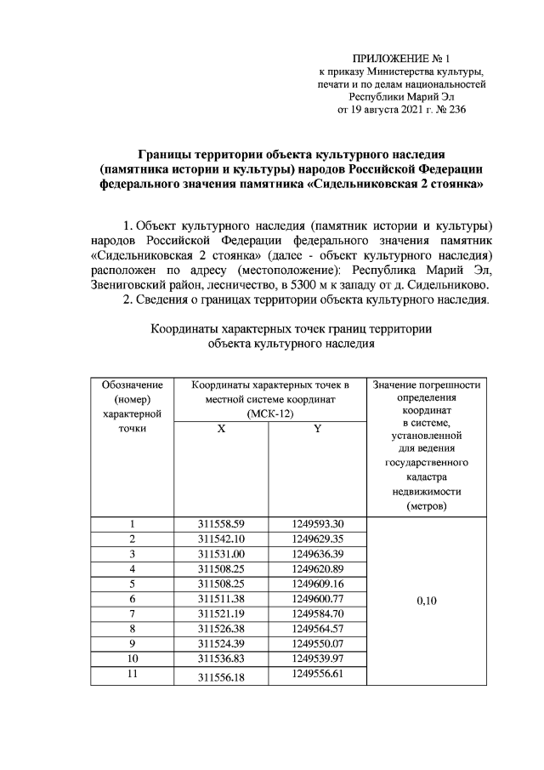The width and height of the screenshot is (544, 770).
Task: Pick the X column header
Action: (x=221, y=430)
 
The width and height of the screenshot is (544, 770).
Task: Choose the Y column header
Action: (x=316, y=430)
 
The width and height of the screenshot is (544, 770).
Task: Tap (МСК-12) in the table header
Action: (x=269, y=414)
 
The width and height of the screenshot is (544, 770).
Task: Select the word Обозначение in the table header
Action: (x=132, y=385)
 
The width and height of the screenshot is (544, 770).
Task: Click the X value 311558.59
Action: (x=221, y=524)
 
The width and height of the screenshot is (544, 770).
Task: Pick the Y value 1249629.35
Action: (x=316, y=539)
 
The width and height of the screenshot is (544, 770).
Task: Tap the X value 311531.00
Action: (x=221, y=555)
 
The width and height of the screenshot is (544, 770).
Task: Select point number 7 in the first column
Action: (x=132, y=613)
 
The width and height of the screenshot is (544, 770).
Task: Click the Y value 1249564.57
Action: (x=316, y=628)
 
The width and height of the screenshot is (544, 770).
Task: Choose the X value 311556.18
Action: (x=221, y=676)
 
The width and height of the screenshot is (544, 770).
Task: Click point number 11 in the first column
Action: (x=132, y=674)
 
